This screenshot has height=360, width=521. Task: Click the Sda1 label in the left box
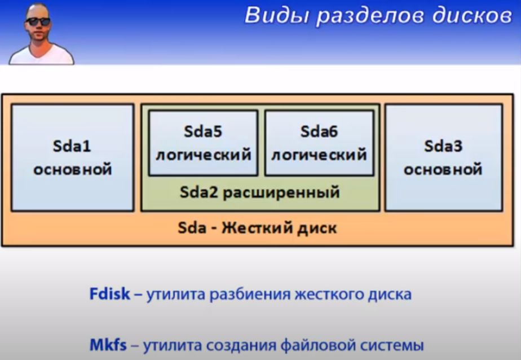(x=72, y=146)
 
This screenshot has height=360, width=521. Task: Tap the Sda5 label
(x=203, y=131)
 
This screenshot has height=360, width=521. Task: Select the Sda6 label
(x=319, y=131)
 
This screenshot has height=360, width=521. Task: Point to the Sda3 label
(x=443, y=146)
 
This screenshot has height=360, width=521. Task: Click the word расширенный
(x=281, y=193)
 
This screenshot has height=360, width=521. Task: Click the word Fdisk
(x=109, y=294)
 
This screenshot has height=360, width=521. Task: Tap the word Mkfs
(x=108, y=345)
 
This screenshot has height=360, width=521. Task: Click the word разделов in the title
(x=370, y=16)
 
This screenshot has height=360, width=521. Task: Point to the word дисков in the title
(x=472, y=16)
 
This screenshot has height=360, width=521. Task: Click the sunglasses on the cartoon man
(x=38, y=21)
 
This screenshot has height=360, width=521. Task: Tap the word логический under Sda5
(x=204, y=155)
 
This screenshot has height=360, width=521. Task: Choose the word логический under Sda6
(x=319, y=155)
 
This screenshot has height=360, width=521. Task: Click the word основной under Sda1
(x=72, y=170)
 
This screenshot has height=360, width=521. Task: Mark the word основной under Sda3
(x=443, y=170)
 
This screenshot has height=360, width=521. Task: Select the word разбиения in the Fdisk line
(x=250, y=295)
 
